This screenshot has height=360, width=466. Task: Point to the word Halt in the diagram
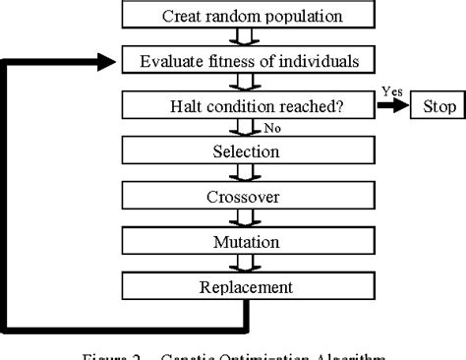(196, 105)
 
